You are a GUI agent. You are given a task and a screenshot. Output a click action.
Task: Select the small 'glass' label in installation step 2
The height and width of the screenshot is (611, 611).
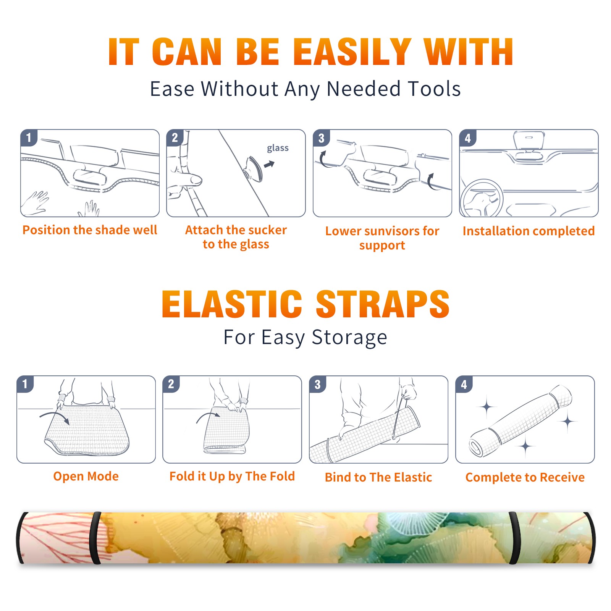point(278,148)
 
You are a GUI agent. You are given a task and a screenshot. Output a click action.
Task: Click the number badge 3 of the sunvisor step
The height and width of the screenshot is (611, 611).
point(322,138)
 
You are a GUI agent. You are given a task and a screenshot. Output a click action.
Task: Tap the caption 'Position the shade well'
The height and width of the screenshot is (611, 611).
point(90,230)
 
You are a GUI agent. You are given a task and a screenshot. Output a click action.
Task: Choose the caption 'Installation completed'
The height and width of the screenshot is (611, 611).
point(529,231)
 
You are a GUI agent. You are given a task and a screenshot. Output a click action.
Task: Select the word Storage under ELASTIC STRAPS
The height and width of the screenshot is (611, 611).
point(349,338)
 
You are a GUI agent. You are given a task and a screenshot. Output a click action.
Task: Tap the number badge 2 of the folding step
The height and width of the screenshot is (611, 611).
point(171,384)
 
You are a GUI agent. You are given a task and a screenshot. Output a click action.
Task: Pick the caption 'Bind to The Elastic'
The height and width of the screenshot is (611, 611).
point(378,477)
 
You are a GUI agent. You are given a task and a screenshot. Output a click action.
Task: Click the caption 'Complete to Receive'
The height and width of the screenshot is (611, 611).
point(525,477)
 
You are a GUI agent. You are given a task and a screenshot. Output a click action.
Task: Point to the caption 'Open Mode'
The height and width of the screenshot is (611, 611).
point(86,476)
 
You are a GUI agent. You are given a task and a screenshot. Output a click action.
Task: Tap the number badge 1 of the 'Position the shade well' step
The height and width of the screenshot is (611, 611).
point(29,138)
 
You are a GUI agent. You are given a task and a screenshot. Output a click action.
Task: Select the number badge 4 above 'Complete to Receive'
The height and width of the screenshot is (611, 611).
point(464,384)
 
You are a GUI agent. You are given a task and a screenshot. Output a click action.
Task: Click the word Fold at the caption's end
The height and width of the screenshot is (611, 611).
point(282,476)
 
